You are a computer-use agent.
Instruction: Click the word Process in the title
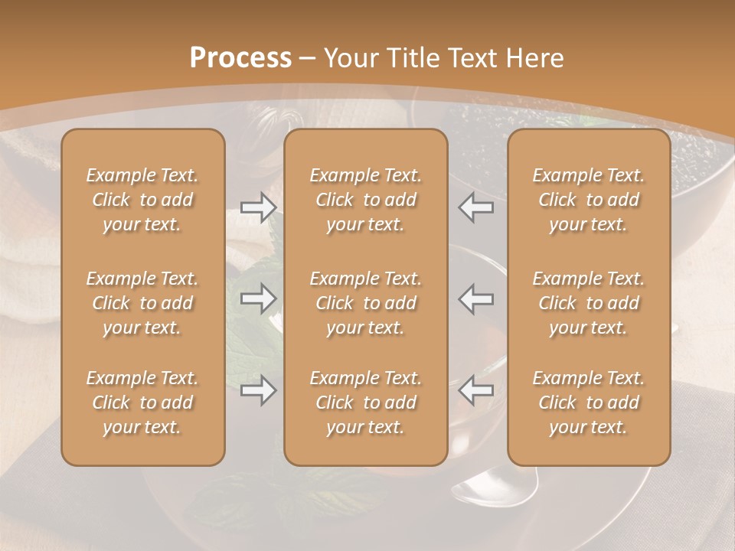[240, 58]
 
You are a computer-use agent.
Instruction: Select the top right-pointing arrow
[258, 207]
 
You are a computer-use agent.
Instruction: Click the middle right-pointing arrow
[258, 298]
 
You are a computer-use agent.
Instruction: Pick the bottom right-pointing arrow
[258, 390]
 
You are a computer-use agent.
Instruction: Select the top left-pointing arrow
[476, 207]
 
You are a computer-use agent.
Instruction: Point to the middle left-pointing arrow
[476, 298]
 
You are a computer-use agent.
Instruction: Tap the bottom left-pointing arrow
[476, 390]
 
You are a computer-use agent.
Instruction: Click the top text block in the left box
[142, 200]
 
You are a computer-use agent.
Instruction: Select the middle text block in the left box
[142, 303]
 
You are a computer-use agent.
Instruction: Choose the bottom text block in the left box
[142, 403]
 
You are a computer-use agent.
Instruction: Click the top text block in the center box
[366, 200]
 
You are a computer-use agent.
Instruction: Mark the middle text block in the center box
[366, 303]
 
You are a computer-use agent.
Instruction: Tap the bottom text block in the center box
[366, 403]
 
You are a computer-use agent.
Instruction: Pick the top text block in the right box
[589, 200]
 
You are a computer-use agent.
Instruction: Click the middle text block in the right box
[589, 303]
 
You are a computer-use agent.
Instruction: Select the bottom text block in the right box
[589, 403]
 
